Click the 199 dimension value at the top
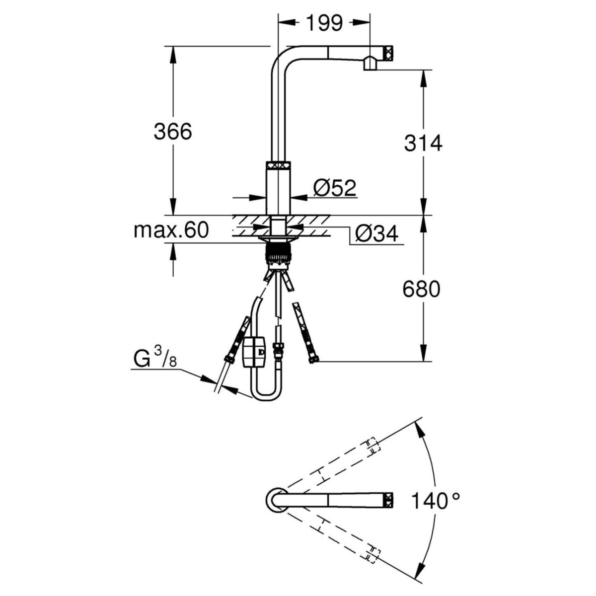[x=324, y=23]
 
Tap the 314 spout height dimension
[x=423, y=143]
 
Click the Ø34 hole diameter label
[x=377, y=233]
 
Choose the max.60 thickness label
[x=171, y=230]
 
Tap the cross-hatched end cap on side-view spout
[x=388, y=52]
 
